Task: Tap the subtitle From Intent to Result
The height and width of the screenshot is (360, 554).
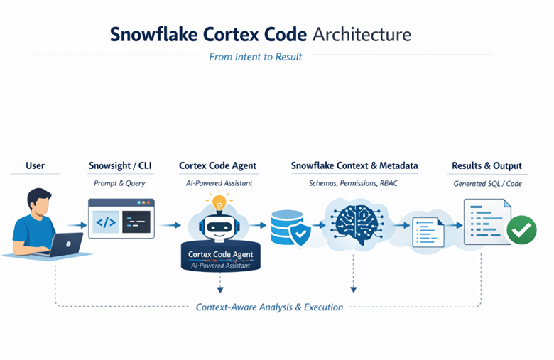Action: [x=255, y=57]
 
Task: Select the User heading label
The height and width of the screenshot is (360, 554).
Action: [x=35, y=165]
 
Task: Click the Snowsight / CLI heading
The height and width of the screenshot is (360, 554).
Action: [x=120, y=165]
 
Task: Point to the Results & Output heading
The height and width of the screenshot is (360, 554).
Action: [x=487, y=165]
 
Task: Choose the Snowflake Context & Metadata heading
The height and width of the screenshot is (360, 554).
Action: [x=354, y=165]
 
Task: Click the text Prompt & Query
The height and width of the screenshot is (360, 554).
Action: [x=120, y=183]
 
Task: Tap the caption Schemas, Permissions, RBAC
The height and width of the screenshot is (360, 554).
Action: [x=354, y=183]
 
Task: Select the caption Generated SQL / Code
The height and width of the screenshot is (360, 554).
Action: [x=487, y=183]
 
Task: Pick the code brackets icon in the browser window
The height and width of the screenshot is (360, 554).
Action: [x=105, y=222]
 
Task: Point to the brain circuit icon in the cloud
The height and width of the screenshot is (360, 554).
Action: [x=355, y=224]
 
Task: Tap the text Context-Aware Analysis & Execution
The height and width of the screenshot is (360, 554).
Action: [x=269, y=307]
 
